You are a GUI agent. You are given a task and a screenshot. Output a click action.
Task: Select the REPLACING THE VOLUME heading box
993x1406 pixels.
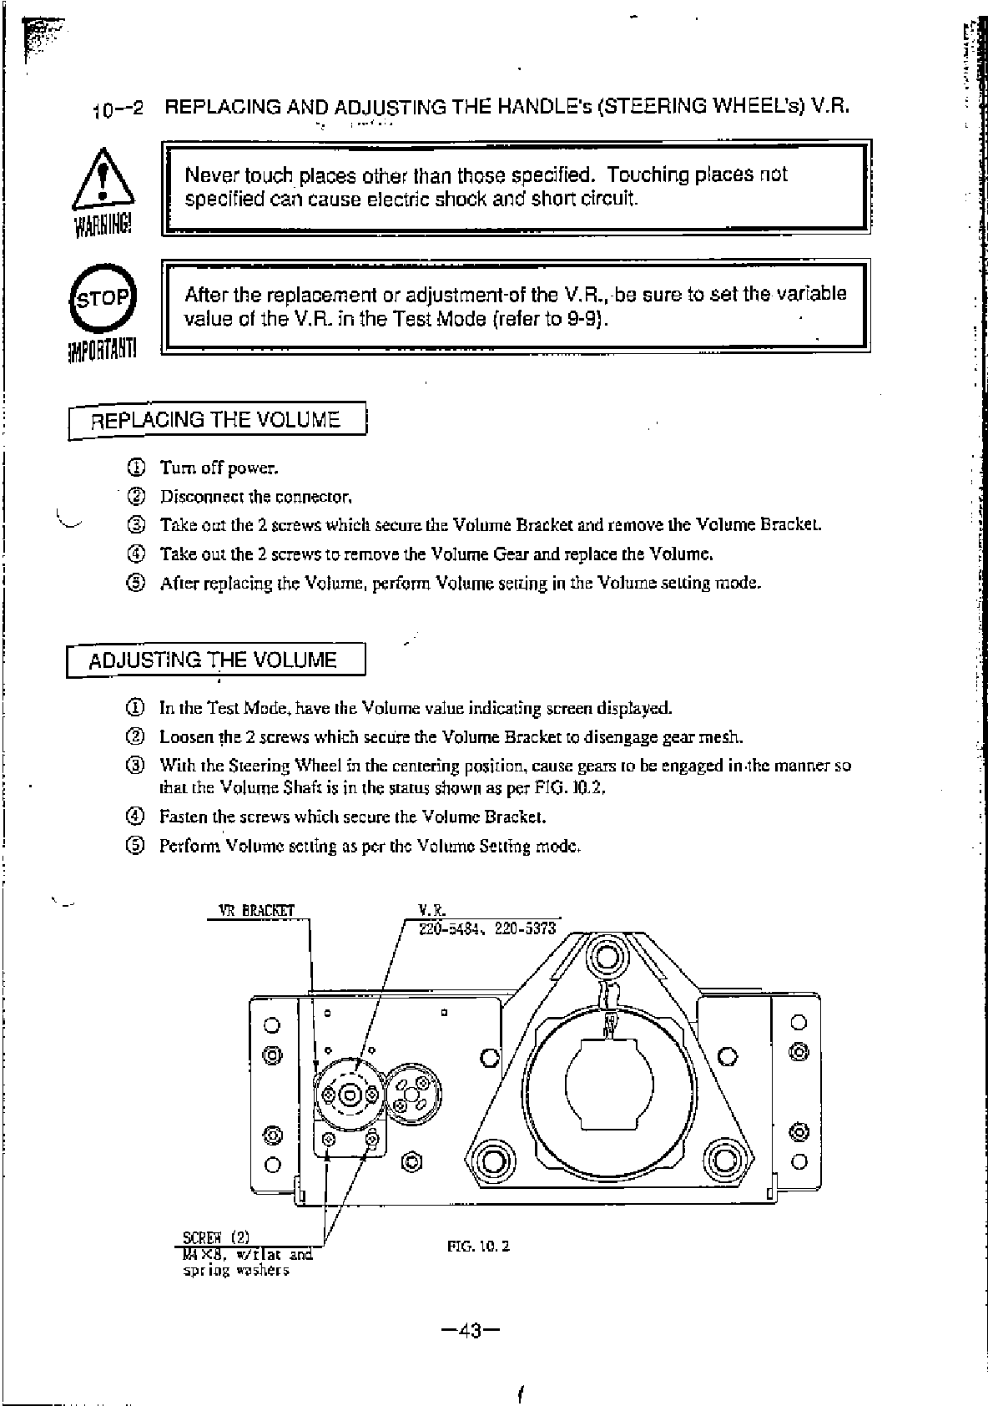[x=216, y=420]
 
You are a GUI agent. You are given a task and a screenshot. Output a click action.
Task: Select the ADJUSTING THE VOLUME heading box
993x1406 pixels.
[x=214, y=660]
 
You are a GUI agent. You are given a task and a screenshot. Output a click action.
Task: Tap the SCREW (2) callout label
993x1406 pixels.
[x=216, y=1237]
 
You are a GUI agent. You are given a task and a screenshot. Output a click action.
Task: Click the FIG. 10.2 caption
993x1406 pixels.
[x=478, y=1247]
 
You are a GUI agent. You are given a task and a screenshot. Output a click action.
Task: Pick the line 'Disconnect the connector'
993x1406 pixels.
[x=256, y=497]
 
